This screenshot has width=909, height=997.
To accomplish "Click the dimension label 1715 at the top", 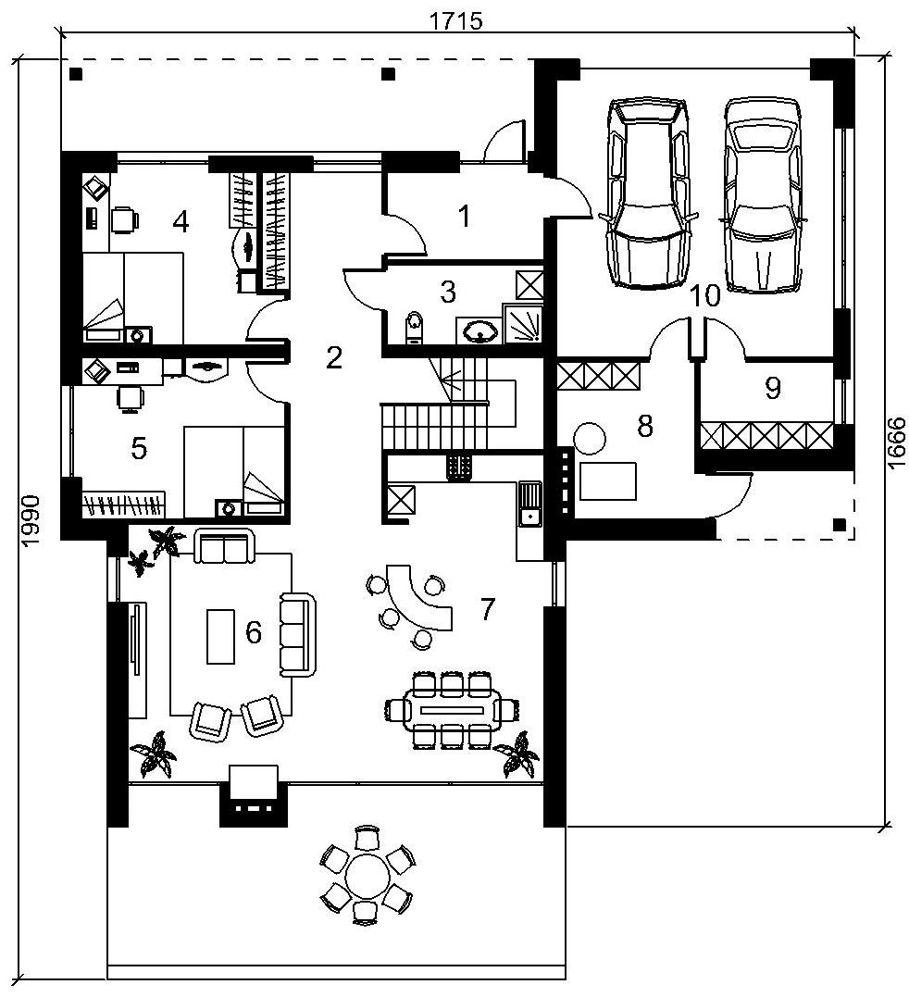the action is (455, 20).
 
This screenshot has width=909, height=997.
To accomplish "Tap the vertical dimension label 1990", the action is (31, 520).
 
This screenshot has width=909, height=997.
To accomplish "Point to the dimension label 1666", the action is (896, 443).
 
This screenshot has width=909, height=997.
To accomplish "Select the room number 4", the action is (181, 222).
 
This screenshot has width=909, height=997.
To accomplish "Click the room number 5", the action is (139, 448).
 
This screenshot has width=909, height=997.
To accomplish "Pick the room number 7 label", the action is (487, 608).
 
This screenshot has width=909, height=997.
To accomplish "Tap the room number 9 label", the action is (772, 388).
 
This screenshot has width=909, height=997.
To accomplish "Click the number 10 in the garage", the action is (704, 295).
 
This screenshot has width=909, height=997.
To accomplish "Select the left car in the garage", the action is (647, 193).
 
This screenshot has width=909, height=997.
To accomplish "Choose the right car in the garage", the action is (764, 195).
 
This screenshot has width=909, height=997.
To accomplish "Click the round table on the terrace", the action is (367, 875).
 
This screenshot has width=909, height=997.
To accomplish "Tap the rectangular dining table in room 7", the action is (453, 708).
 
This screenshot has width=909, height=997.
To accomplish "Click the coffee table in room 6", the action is (220, 636).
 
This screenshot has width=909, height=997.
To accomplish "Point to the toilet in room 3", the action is (414, 327).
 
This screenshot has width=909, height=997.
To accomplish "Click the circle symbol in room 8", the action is (590, 438).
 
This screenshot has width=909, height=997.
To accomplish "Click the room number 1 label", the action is (465, 217).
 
